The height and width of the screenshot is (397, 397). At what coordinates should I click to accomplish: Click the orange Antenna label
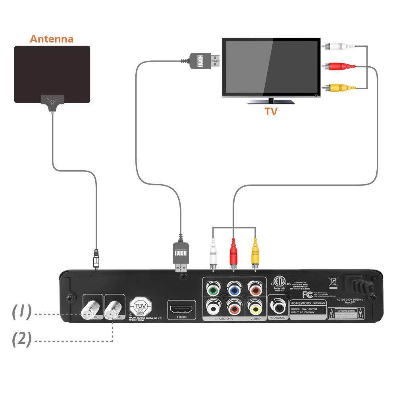(x=52, y=39)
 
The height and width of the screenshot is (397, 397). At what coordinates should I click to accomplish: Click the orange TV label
(x=271, y=112)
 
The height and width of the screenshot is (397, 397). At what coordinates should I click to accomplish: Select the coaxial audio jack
(x=277, y=306)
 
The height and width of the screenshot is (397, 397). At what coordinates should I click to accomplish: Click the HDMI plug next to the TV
(x=205, y=61)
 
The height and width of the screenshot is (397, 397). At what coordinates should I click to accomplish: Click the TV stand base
(x=271, y=102)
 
